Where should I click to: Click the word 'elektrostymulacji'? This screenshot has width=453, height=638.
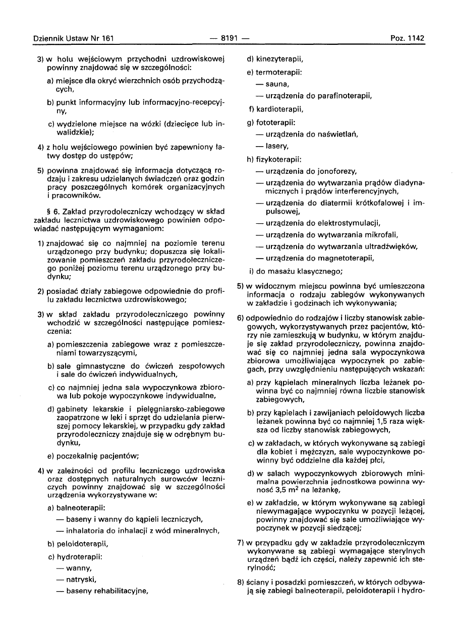(x=348, y=222)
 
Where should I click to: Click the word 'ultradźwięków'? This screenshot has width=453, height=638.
(x=392, y=246)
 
